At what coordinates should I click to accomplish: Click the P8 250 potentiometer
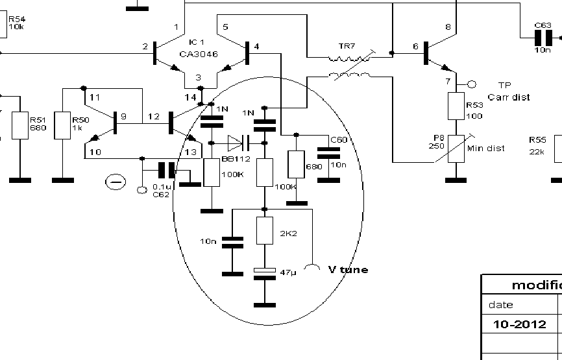(456, 148)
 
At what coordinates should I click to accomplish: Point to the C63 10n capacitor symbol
(543, 37)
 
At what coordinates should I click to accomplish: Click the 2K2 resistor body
(264, 231)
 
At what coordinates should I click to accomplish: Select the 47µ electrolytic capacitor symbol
(264, 273)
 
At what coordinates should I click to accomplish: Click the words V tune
(348, 269)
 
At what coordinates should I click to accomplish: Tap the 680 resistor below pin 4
(297, 165)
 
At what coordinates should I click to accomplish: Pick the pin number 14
(189, 97)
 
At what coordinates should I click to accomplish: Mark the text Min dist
(487, 149)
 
